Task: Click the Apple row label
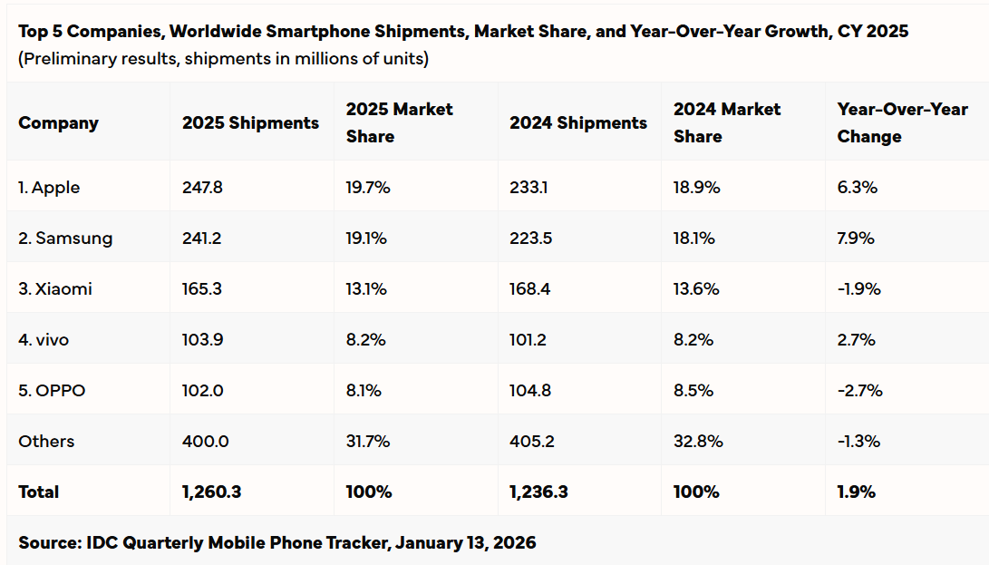(x=49, y=188)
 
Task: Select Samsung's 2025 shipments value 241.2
(x=201, y=239)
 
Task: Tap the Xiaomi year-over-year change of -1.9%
(x=858, y=289)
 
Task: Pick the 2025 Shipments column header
(x=250, y=123)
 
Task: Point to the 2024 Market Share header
(x=726, y=122)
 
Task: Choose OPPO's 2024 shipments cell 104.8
(x=531, y=391)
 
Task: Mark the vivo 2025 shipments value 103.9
(x=201, y=340)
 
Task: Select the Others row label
(x=46, y=442)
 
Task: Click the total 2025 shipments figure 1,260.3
(x=211, y=492)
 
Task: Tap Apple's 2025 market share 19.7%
(x=367, y=188)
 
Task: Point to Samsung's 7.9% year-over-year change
(x=856, y=239)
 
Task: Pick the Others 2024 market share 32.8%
(x=698, y=442)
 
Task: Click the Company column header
(x=58, y=123)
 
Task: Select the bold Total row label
(x=38, y=492)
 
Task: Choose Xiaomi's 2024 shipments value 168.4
(x=531, y=289)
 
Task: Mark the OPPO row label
(x=52, y=391)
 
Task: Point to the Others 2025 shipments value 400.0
(x=204, y=442)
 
